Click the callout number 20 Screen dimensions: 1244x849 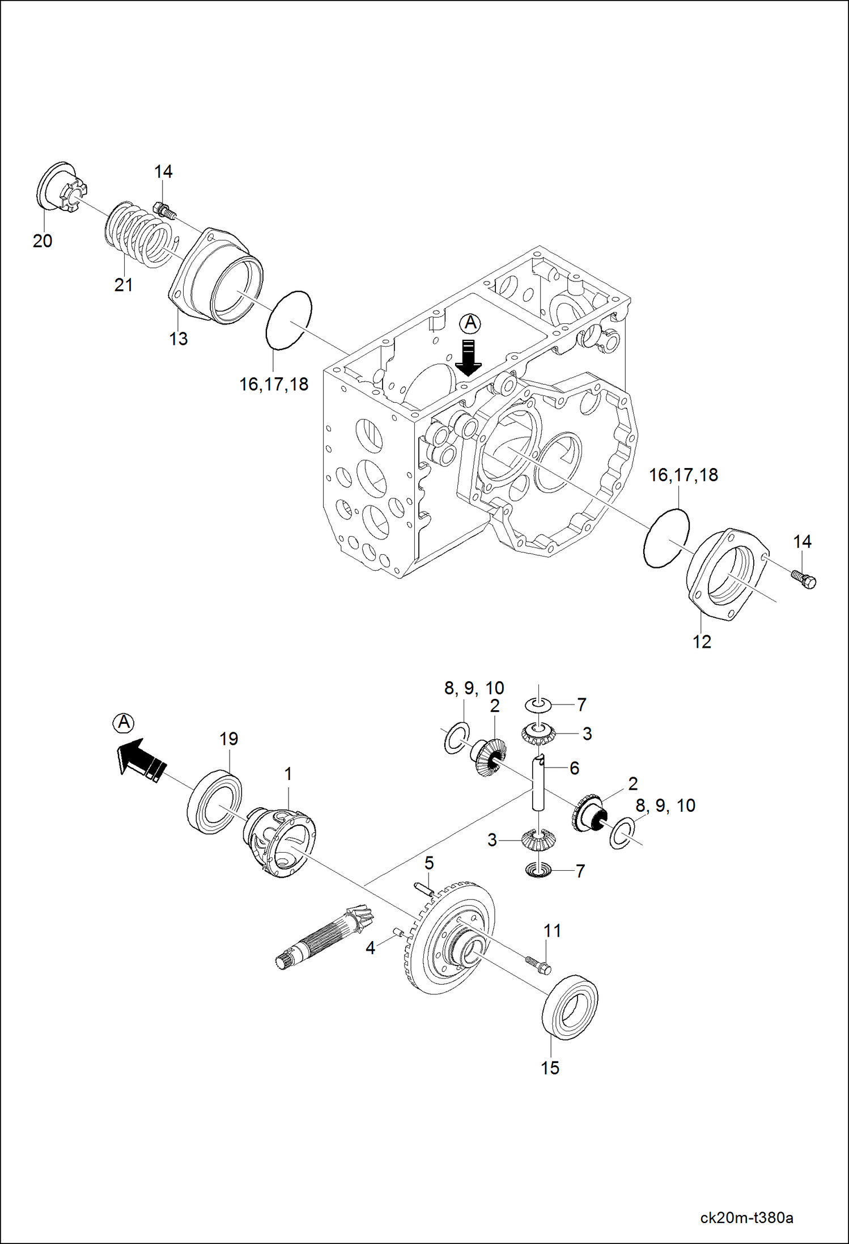43,241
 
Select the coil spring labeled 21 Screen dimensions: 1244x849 139,235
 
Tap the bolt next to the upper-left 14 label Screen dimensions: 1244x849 164,212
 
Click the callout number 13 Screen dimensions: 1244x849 178,339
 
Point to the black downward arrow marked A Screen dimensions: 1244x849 468,357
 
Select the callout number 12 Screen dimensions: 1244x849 702,642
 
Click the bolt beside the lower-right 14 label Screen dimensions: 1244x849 804,580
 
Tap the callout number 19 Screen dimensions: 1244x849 228,739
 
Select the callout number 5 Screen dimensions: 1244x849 429,863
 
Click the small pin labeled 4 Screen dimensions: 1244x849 397,931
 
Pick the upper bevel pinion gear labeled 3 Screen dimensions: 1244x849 538,735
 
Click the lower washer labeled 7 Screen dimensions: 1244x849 538,870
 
